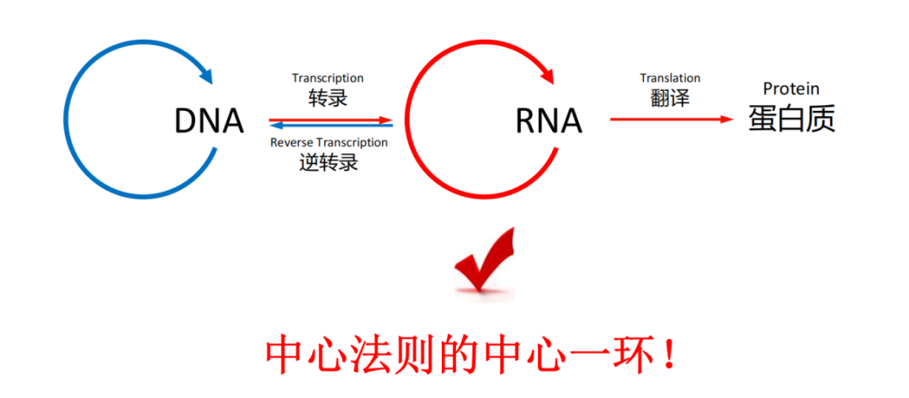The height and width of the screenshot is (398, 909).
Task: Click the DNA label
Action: [210, 122]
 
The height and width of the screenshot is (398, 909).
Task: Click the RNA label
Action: [549, 122]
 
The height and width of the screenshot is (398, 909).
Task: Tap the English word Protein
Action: [791, 88]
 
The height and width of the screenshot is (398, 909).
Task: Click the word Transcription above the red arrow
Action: [327, 77]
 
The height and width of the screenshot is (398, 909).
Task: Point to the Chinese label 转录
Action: [327, 98]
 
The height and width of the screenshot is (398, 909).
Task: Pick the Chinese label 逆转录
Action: [328, 162]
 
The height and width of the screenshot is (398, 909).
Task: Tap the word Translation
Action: [670, 77]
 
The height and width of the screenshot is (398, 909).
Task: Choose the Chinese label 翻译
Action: [670, 98]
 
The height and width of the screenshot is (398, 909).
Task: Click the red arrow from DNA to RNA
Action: [331, 120]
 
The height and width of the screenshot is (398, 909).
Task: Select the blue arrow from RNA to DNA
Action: [331, 125]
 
